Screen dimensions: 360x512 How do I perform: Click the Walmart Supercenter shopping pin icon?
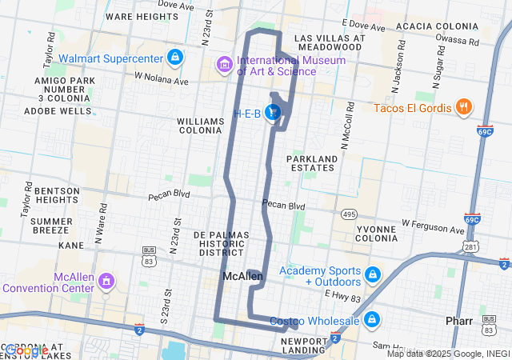click(174, 57)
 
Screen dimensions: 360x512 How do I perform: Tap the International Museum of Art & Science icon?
click(224, 63)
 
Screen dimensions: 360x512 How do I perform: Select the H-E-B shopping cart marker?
click(274, 113)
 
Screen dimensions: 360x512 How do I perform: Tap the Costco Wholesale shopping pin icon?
click(371, 320)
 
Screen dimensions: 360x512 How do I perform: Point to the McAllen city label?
click(242, 276)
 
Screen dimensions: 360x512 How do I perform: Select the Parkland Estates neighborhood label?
click(311, 162)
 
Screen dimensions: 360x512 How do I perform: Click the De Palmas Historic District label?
click(221, 243)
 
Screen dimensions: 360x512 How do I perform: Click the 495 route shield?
click(350, 214)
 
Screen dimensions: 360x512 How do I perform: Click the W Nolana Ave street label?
click(161, 78)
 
